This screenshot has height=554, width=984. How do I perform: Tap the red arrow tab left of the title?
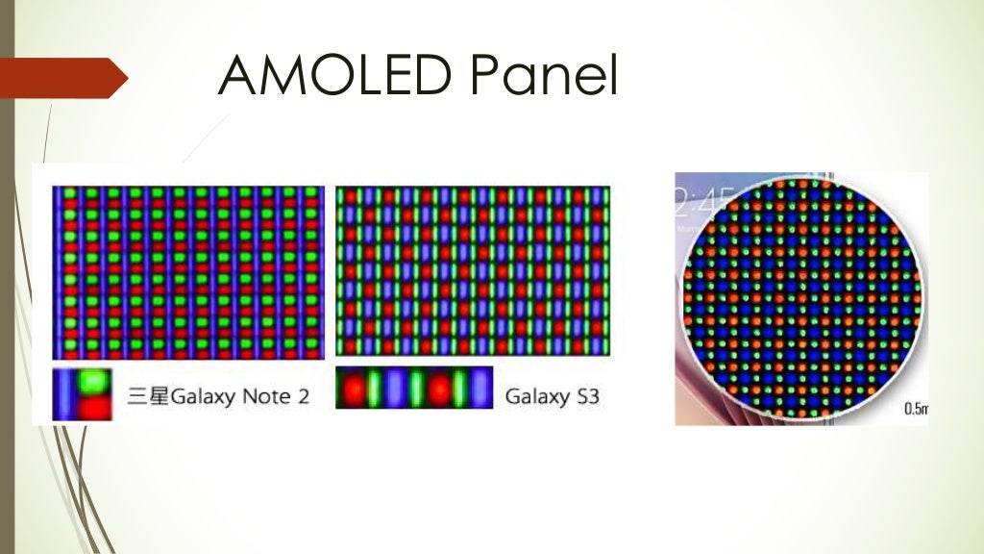(x=63, y=77)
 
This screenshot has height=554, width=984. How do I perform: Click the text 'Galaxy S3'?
(x=552, y=395)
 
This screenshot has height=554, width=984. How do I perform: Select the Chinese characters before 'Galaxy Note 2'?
(x=148, y=395)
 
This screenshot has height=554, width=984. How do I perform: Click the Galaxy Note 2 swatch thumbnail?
(x=83, y=394)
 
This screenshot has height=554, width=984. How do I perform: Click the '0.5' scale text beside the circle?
(x=915, y=410)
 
